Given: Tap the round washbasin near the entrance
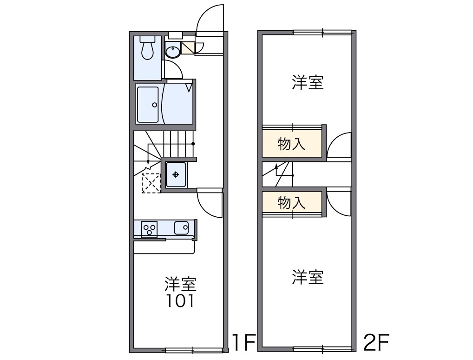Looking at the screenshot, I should (x=173, y=52).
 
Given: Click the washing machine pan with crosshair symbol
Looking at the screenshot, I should (x=176, y=175).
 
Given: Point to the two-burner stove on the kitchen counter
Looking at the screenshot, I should (x=149, y=229).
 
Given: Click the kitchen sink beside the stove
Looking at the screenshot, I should (x=181, y=228).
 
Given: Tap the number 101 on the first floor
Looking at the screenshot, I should (x=181, y=301).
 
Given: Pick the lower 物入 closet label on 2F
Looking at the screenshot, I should (x=292, y=203).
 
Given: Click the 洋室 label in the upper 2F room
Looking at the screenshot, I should (x=308, y=83).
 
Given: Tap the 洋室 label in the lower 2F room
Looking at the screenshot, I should (x=308, y=277).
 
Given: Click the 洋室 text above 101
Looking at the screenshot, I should (x=181, y=283).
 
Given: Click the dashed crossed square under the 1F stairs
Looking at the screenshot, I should (x=151, y=183).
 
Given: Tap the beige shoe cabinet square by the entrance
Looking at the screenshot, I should (x=188, y=48).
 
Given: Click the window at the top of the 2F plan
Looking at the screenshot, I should (x=322, y=32).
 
